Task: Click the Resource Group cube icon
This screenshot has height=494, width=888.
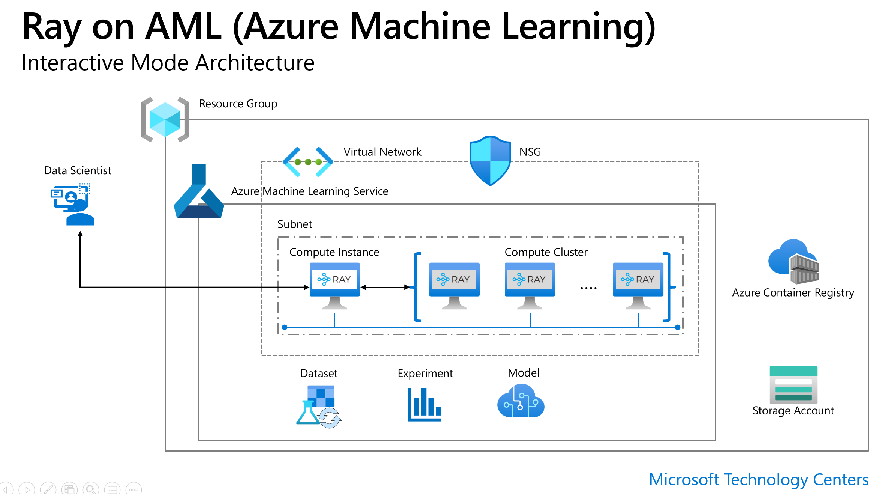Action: [x=165, y=119]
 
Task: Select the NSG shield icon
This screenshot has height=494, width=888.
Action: [x=490, y=161]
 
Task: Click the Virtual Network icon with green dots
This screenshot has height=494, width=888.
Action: [x=308, y=162]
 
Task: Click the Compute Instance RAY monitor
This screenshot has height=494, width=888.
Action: [x=335, y=285]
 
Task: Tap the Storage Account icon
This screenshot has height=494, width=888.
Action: [x=793, y=384]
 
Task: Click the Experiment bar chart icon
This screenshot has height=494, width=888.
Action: [x=424, y=404]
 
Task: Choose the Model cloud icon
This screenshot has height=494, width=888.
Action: [x=520, y=401]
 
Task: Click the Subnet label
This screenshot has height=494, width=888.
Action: [x=295, y=224]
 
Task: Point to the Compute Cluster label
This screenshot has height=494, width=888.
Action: [x=546, y=252]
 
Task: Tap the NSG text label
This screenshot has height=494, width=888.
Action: [x=530, y=152]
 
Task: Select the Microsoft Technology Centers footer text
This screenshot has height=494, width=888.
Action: [x=758, y=480]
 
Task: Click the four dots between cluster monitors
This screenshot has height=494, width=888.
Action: [x=588, y=288]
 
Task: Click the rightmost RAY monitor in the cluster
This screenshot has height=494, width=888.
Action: [x=638, y=285]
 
